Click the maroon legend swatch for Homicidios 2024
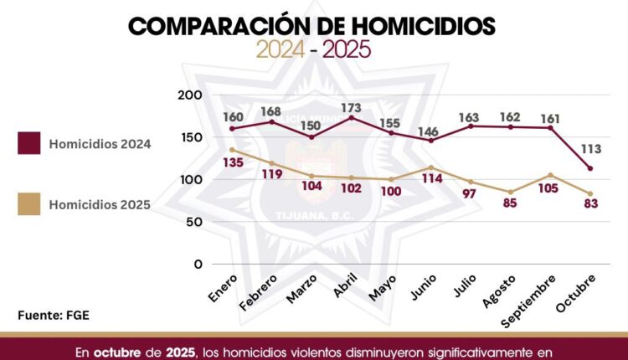(x=29, y=144)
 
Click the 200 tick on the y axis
(x=191, y=95)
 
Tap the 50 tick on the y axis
(x=193, y=222)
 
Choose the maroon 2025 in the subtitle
(x=346, y=51)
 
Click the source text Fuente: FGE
(x=54, y=315)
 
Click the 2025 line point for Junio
(x=431, y=167)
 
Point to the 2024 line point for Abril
(x=351, y=118)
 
